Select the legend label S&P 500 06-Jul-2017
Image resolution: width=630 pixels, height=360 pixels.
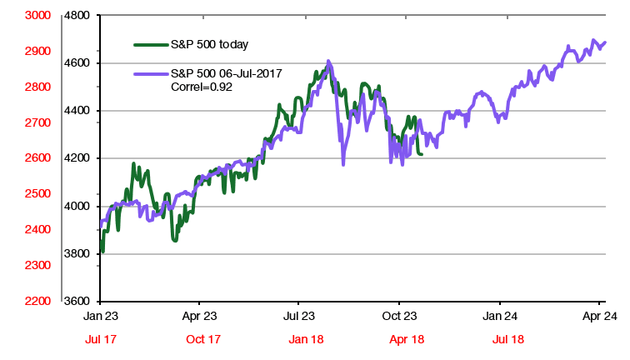(226, 73)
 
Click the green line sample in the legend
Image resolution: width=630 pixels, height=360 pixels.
(150, 43)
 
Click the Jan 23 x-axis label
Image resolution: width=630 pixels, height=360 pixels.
(100, 317)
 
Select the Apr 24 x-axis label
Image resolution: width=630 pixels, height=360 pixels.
(599, 317)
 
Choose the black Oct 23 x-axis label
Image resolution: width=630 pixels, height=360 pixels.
(399, 317)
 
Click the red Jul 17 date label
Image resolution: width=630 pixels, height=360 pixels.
(100, 340)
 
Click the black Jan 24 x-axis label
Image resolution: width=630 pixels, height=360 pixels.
(499, 317)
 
